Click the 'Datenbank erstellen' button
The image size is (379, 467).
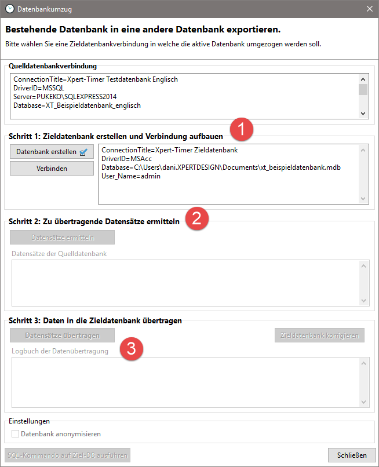[52, 152]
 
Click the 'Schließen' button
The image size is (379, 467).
[352, 455]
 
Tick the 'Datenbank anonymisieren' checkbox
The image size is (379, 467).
[16, 433]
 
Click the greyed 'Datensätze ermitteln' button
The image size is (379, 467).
[62, 237]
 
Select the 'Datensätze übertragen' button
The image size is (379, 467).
[62, 335]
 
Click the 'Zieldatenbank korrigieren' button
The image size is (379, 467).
[319, 335]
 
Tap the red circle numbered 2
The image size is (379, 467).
[196, 218]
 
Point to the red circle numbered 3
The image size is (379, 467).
[131, 349]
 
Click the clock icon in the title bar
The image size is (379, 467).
[9, 9]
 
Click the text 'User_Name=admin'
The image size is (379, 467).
[131, 176]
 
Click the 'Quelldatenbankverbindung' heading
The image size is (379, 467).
[53, 66]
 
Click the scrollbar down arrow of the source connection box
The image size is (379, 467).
[363, 114]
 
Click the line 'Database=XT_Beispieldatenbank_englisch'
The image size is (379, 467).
[77, 105]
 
